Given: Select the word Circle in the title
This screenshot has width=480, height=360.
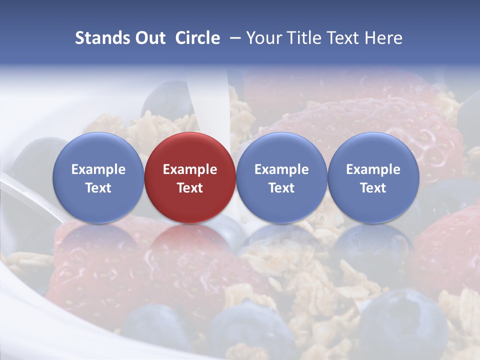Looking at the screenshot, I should tap(197, 38).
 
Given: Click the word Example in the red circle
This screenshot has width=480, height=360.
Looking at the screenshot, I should tap(190, 169).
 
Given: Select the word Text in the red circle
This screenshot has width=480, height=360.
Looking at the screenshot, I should tap(190, 188).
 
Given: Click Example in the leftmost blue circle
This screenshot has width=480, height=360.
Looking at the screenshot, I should tap(98, 169).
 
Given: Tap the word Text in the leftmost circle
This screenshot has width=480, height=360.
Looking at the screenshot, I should tap(98, 188).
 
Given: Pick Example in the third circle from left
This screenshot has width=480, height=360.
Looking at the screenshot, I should tap(281, 169).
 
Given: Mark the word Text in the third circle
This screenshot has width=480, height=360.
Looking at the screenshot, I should tap(281, 188).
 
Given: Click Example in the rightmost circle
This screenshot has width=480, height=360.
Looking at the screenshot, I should tap(373, 169).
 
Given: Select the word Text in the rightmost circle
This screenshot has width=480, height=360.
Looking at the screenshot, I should tap(373, 188).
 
